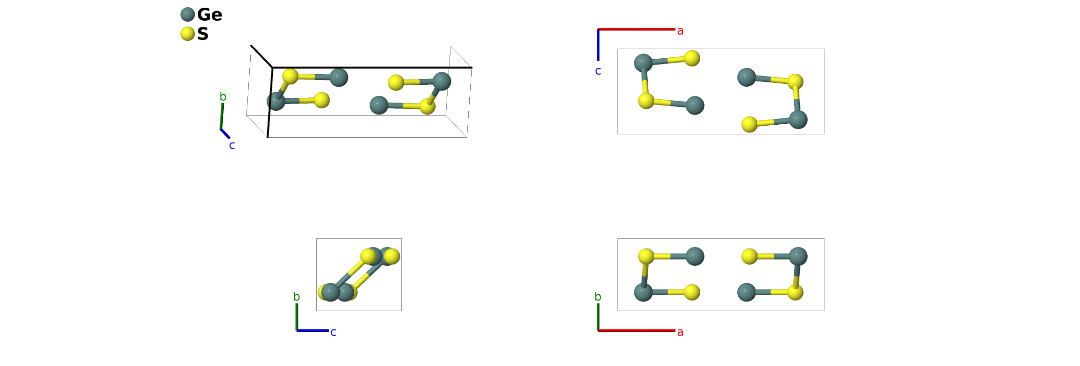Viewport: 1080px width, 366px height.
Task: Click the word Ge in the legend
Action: click(209, 14)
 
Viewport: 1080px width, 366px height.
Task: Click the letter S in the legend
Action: click(203, 34)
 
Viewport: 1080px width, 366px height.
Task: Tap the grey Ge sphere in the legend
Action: click(188, 14)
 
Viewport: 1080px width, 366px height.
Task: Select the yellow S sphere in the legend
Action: click(188, 34)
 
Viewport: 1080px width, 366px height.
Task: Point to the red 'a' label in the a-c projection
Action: click(680, 31)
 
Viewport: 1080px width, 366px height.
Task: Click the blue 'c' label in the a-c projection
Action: click(598, 71)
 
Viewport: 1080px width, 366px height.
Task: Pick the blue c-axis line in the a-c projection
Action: click(598, 45)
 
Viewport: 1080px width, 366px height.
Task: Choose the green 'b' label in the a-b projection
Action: click(598, 297)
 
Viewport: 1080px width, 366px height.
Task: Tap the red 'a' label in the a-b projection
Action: click(680, 332)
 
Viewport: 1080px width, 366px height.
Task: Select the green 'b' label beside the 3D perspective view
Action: click(223, 97)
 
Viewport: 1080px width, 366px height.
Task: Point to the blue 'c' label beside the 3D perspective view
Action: click(232, 145)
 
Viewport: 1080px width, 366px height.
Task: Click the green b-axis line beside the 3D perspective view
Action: click(222, 116)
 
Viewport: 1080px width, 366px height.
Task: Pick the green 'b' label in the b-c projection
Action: click(296, 297)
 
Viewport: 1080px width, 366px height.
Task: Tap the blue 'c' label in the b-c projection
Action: click(333, 332)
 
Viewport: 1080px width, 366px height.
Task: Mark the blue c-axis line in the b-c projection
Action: click(312, 330)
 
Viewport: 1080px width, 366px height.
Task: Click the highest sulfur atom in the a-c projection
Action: click(692, 58)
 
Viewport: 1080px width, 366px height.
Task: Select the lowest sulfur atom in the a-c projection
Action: click(749, 124)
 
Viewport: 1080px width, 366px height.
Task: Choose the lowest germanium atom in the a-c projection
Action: click(798, 119)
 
